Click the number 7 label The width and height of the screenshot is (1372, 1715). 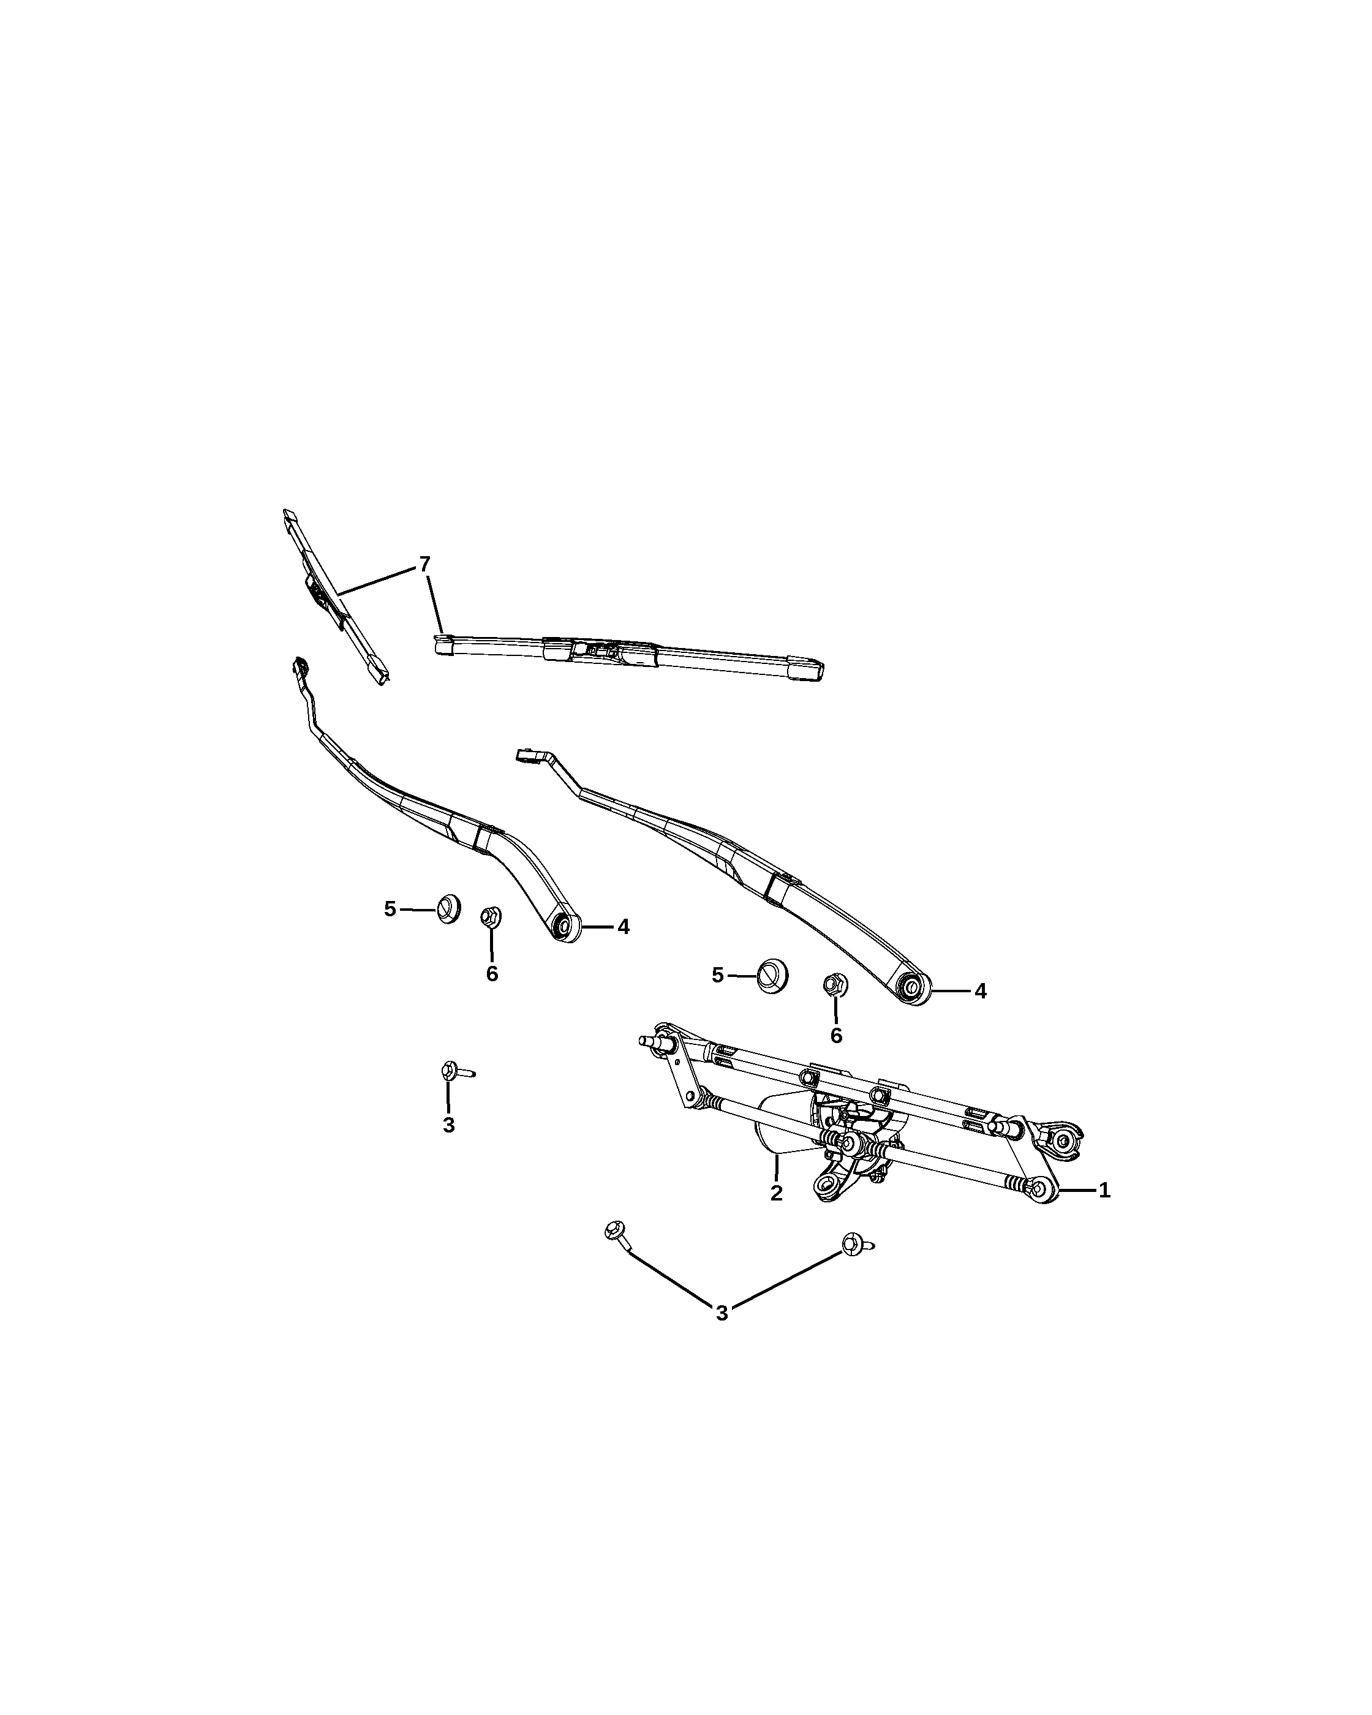click(424, 564)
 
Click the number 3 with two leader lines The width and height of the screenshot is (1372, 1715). click(722, 1313)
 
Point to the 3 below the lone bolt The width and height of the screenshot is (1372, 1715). click(448, 1126)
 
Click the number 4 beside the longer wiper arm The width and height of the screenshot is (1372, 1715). click(981, 991)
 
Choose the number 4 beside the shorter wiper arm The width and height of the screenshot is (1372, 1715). click(624, 927)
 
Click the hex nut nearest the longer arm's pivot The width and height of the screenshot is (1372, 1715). click(834, 986)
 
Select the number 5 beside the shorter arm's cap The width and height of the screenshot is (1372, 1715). click(390, 909)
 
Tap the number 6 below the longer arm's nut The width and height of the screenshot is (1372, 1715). click(836, 1036)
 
